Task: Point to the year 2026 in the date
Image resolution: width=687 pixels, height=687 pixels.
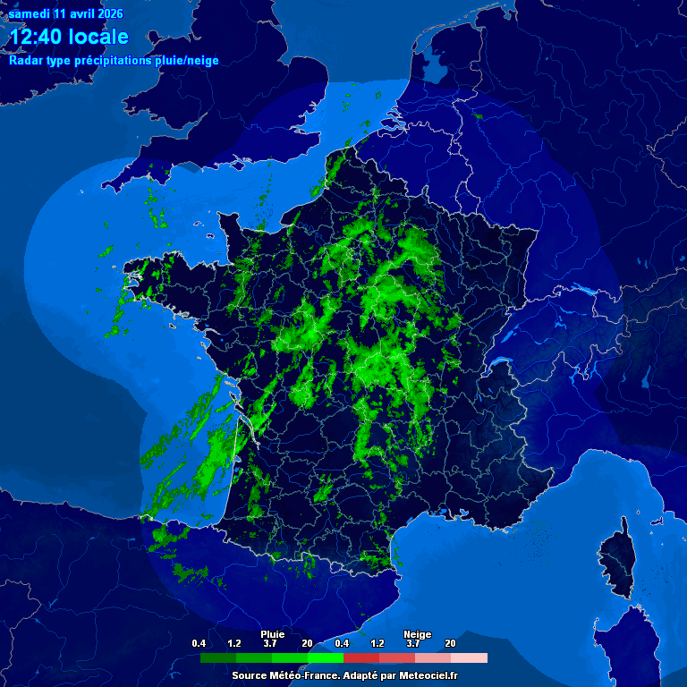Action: (x=107, y=14)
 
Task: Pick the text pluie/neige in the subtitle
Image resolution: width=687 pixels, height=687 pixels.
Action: (x=182, y=61)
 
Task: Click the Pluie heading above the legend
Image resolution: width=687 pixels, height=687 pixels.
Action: (x=272, y=634)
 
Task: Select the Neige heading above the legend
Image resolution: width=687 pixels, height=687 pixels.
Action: (x=417, y=634)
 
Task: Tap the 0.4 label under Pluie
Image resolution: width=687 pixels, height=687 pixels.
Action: (x=199, y=643)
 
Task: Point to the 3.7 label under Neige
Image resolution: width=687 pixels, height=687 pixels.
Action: (x=413, y=643)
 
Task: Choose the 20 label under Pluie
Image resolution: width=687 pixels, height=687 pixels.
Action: (x=307, y=643)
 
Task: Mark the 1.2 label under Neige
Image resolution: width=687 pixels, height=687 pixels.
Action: (x=377, y=643)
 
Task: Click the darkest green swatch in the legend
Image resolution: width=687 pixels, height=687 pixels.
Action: (x=218, y=657)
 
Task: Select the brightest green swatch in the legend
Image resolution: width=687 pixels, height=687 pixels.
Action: (x=326, y=657)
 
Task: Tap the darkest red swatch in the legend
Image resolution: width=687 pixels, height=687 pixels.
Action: (x=361, y=657)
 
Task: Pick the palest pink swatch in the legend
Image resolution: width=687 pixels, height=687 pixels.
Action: (x=470, y=657)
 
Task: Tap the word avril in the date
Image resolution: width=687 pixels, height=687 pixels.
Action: (x=75, y=14)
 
